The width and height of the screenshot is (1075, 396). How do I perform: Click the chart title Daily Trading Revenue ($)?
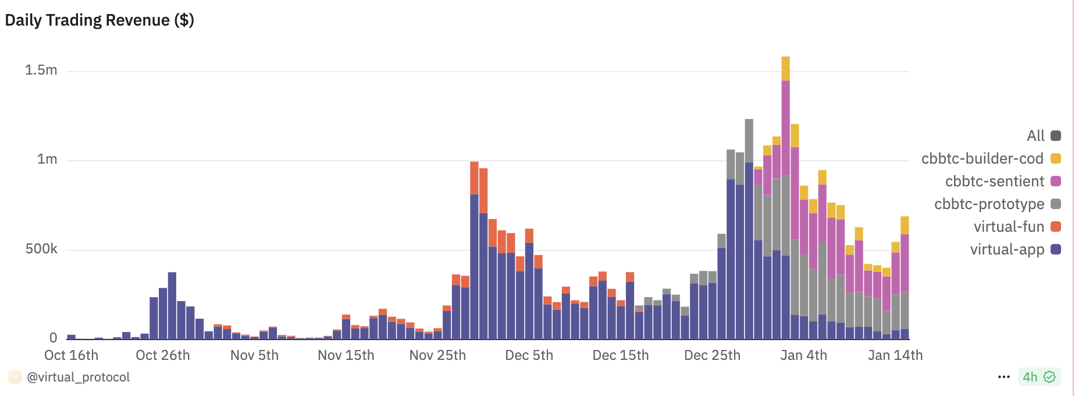[99, 20]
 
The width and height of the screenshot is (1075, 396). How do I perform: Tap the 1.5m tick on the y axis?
[41, 70]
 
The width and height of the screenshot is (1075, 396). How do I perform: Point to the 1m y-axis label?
[47, 160]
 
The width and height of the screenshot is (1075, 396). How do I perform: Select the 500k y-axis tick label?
[41, 249]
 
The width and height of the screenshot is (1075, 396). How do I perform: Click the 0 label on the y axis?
[54, 338]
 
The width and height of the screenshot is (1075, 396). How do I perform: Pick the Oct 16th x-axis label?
[72, 355]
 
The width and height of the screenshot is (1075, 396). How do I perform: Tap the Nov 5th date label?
[254, 355]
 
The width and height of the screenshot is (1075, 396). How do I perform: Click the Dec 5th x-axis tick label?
[529, 355]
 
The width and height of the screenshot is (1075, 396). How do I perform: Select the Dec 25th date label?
[712, 355]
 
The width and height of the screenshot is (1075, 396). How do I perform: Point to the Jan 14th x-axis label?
[895, 355]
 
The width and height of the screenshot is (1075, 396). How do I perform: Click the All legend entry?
[1035, 136]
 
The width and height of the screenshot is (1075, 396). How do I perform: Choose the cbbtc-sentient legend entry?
[995, 181]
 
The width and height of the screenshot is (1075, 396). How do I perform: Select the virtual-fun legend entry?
[1009, 227]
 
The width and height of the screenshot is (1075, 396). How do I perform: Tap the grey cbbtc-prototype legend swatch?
[1056, 204]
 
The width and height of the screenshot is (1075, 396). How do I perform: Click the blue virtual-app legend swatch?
[1056, 249]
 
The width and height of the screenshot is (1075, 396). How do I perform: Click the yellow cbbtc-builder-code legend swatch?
[1056, 158]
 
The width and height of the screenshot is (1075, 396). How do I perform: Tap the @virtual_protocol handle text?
[79, 377]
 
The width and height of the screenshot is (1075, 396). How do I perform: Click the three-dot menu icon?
[1003, 377]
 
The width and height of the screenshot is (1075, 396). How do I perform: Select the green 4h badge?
[1039, 377]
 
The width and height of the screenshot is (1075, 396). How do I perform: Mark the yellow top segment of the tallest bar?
[785, 68]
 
